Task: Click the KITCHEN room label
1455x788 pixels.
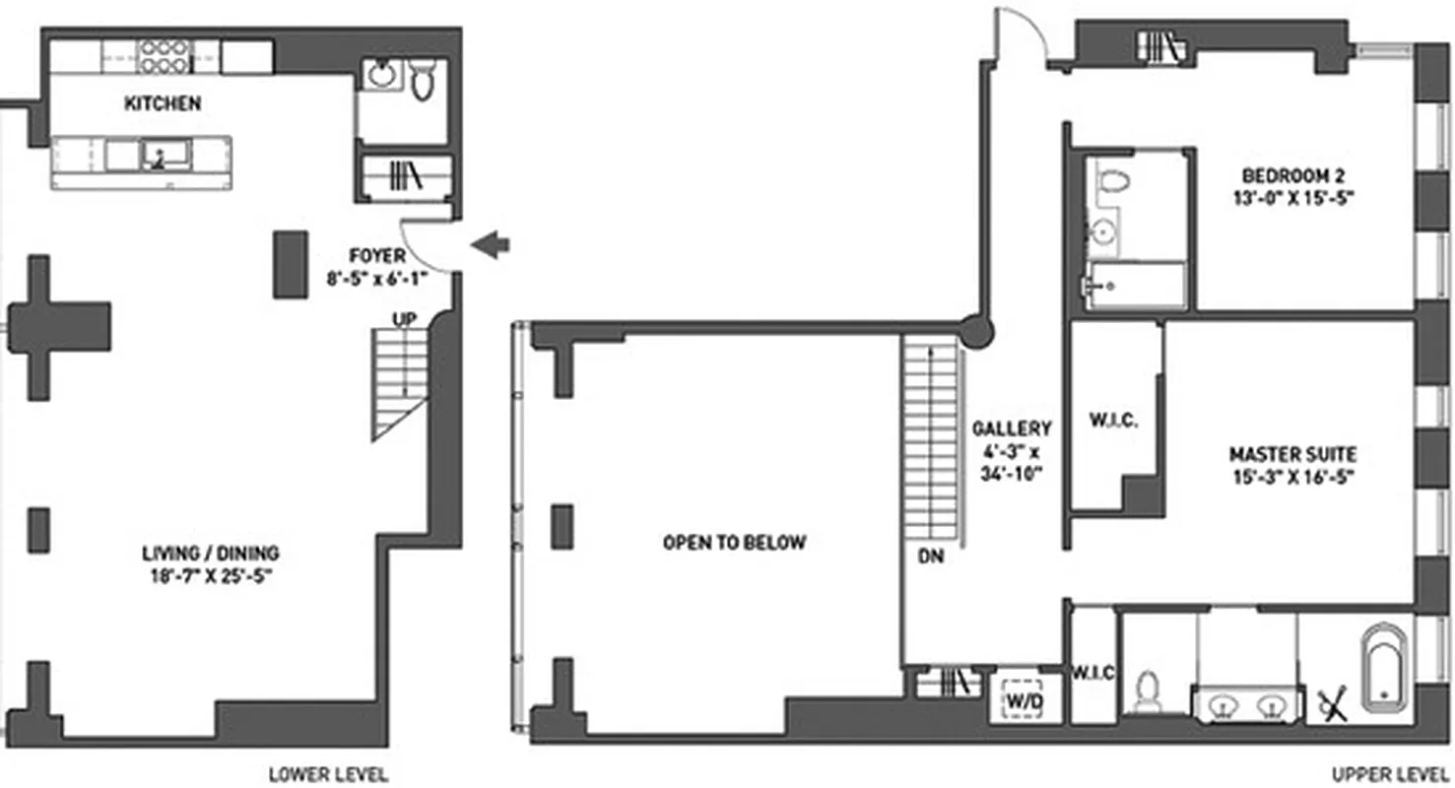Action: pyautogui.click(x=162, y=103)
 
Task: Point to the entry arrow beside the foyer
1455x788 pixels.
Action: pyautogui.click(x=490, y=244)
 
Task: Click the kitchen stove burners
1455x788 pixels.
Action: pyautogui.click(x=164, y=56)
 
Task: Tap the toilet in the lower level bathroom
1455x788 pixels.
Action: pyautogui.click(x=423, y=80)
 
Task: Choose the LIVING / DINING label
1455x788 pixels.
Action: pyautogui.click(x=210, y=553)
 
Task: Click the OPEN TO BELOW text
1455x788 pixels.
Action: pyautogui.click(x=734, y=542)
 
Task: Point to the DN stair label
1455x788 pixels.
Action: pyautogui.click(x=930, y=556)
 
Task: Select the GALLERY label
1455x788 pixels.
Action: pyautogui.click(x=1012, y=428)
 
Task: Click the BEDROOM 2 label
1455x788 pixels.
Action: pyautogui.click(x=1292, y=176)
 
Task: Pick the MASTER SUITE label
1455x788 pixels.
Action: pyautogui.click(x=1292, y=454)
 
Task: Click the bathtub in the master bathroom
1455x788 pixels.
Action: pyautogui.click(x=1385, y=667)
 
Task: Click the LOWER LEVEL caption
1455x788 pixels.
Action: pyautogui.click(x=328, y=774)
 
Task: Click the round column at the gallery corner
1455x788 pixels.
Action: pyautogui.click(x=977, y=331)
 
